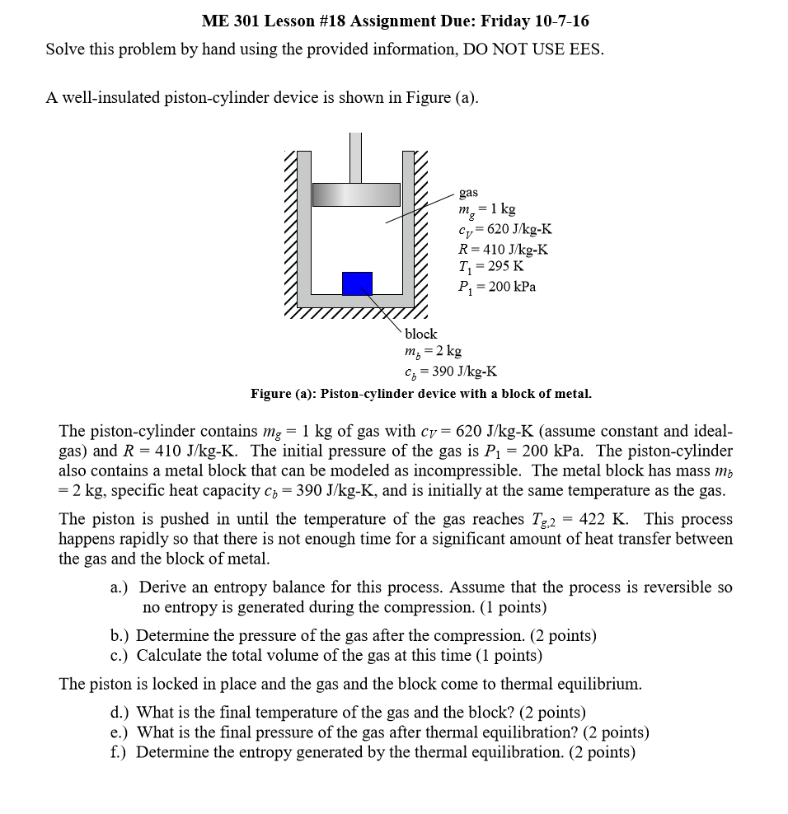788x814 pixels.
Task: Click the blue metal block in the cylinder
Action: pos(357,283)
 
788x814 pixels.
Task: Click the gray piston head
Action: pos(356,194)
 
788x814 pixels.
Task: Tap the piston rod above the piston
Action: pos(356,157)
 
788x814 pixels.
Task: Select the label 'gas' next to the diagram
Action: pos(468,192)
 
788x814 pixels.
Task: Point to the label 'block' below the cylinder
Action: pos(420,334)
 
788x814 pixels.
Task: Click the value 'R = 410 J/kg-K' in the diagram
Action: pos(503,249)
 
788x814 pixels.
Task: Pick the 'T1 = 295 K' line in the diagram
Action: pos(491,267)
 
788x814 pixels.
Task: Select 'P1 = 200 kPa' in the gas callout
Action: pos(497,287)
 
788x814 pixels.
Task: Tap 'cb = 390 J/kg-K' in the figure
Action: pos(450,372)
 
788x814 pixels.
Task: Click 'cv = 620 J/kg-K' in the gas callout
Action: pos(504,230)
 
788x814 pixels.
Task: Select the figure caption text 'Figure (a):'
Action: pos(284,394)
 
